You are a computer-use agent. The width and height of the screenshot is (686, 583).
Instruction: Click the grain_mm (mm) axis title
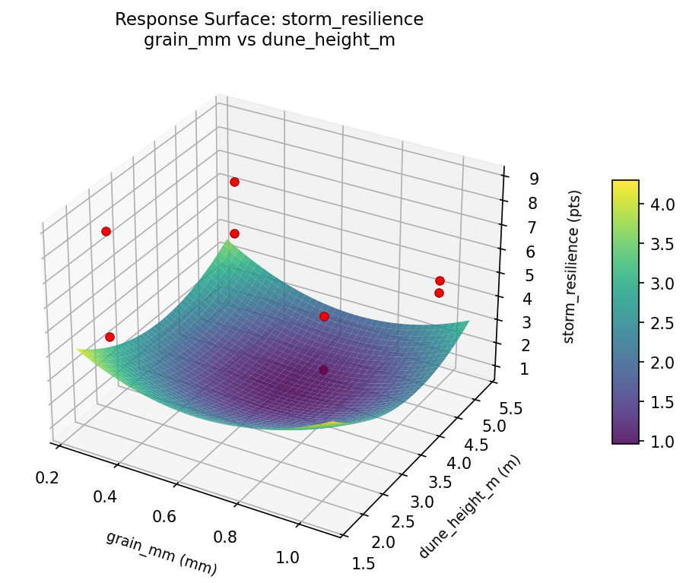tap(161, 553)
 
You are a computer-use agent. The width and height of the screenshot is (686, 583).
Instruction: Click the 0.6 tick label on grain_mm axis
tap(164, 517)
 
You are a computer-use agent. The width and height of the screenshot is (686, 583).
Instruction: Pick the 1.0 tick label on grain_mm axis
tap(287, 557)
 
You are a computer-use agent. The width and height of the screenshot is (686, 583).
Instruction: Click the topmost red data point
tap(234, 182)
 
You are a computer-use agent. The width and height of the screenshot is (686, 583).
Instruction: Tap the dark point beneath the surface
tap(324, 369)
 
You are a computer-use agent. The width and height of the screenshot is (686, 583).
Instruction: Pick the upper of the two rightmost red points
tap(440, 281)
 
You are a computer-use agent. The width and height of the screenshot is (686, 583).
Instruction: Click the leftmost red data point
tap(106, 231)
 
